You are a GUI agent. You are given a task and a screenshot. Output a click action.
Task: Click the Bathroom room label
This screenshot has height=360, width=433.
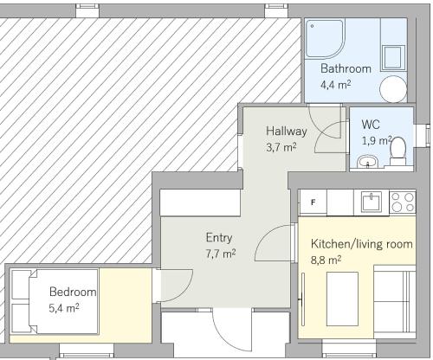(346, 68)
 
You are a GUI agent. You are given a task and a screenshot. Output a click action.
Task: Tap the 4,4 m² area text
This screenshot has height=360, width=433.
(336, 85)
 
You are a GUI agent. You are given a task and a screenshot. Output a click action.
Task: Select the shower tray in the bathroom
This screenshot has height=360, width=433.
(325, 39)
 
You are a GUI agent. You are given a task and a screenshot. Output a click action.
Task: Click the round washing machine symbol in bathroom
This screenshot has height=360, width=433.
(393, 89)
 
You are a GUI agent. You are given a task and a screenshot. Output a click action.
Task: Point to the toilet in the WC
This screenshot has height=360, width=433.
(397, 151)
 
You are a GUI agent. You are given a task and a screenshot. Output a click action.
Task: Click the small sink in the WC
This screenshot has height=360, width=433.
(368, 162)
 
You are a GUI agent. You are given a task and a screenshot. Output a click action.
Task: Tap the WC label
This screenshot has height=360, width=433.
(371, 125)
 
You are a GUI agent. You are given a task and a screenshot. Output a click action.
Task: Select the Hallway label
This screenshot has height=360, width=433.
(287, 132)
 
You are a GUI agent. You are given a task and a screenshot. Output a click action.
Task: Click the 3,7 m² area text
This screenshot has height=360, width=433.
(281, 147)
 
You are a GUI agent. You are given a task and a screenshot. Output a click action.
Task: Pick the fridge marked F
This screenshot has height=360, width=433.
(313, 202)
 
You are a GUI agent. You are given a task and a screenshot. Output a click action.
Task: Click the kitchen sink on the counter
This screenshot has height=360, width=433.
(372, 202)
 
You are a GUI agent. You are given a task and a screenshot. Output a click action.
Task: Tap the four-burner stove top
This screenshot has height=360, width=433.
(403, 202)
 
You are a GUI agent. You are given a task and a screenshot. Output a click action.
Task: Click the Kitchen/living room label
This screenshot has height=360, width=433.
(362, 244)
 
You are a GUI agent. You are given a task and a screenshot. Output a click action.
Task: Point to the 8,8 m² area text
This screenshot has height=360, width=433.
(326, 260)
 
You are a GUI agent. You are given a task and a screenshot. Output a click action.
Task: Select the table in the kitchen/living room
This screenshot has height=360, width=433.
(342, 299)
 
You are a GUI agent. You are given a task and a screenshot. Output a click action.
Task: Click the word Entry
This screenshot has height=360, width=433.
(219, 238)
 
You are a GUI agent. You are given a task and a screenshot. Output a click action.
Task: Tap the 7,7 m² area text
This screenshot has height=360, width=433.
(221, 254)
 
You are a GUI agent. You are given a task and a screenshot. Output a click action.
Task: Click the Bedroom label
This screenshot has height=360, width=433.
(73, 292)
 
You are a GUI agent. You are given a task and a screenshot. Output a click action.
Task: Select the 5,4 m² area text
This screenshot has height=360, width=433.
(64, 308)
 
